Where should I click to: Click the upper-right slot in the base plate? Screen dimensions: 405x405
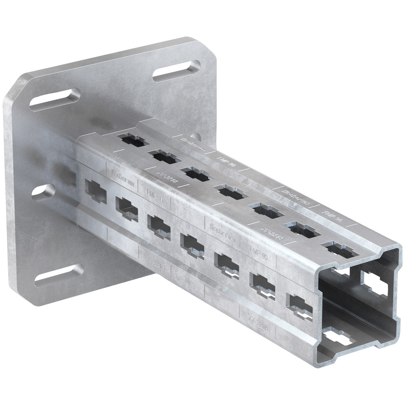click(x=177, y=71)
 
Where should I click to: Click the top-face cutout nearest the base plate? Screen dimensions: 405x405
click(x=133, y=141)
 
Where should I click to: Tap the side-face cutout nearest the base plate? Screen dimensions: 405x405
click(x=95, y=190)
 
